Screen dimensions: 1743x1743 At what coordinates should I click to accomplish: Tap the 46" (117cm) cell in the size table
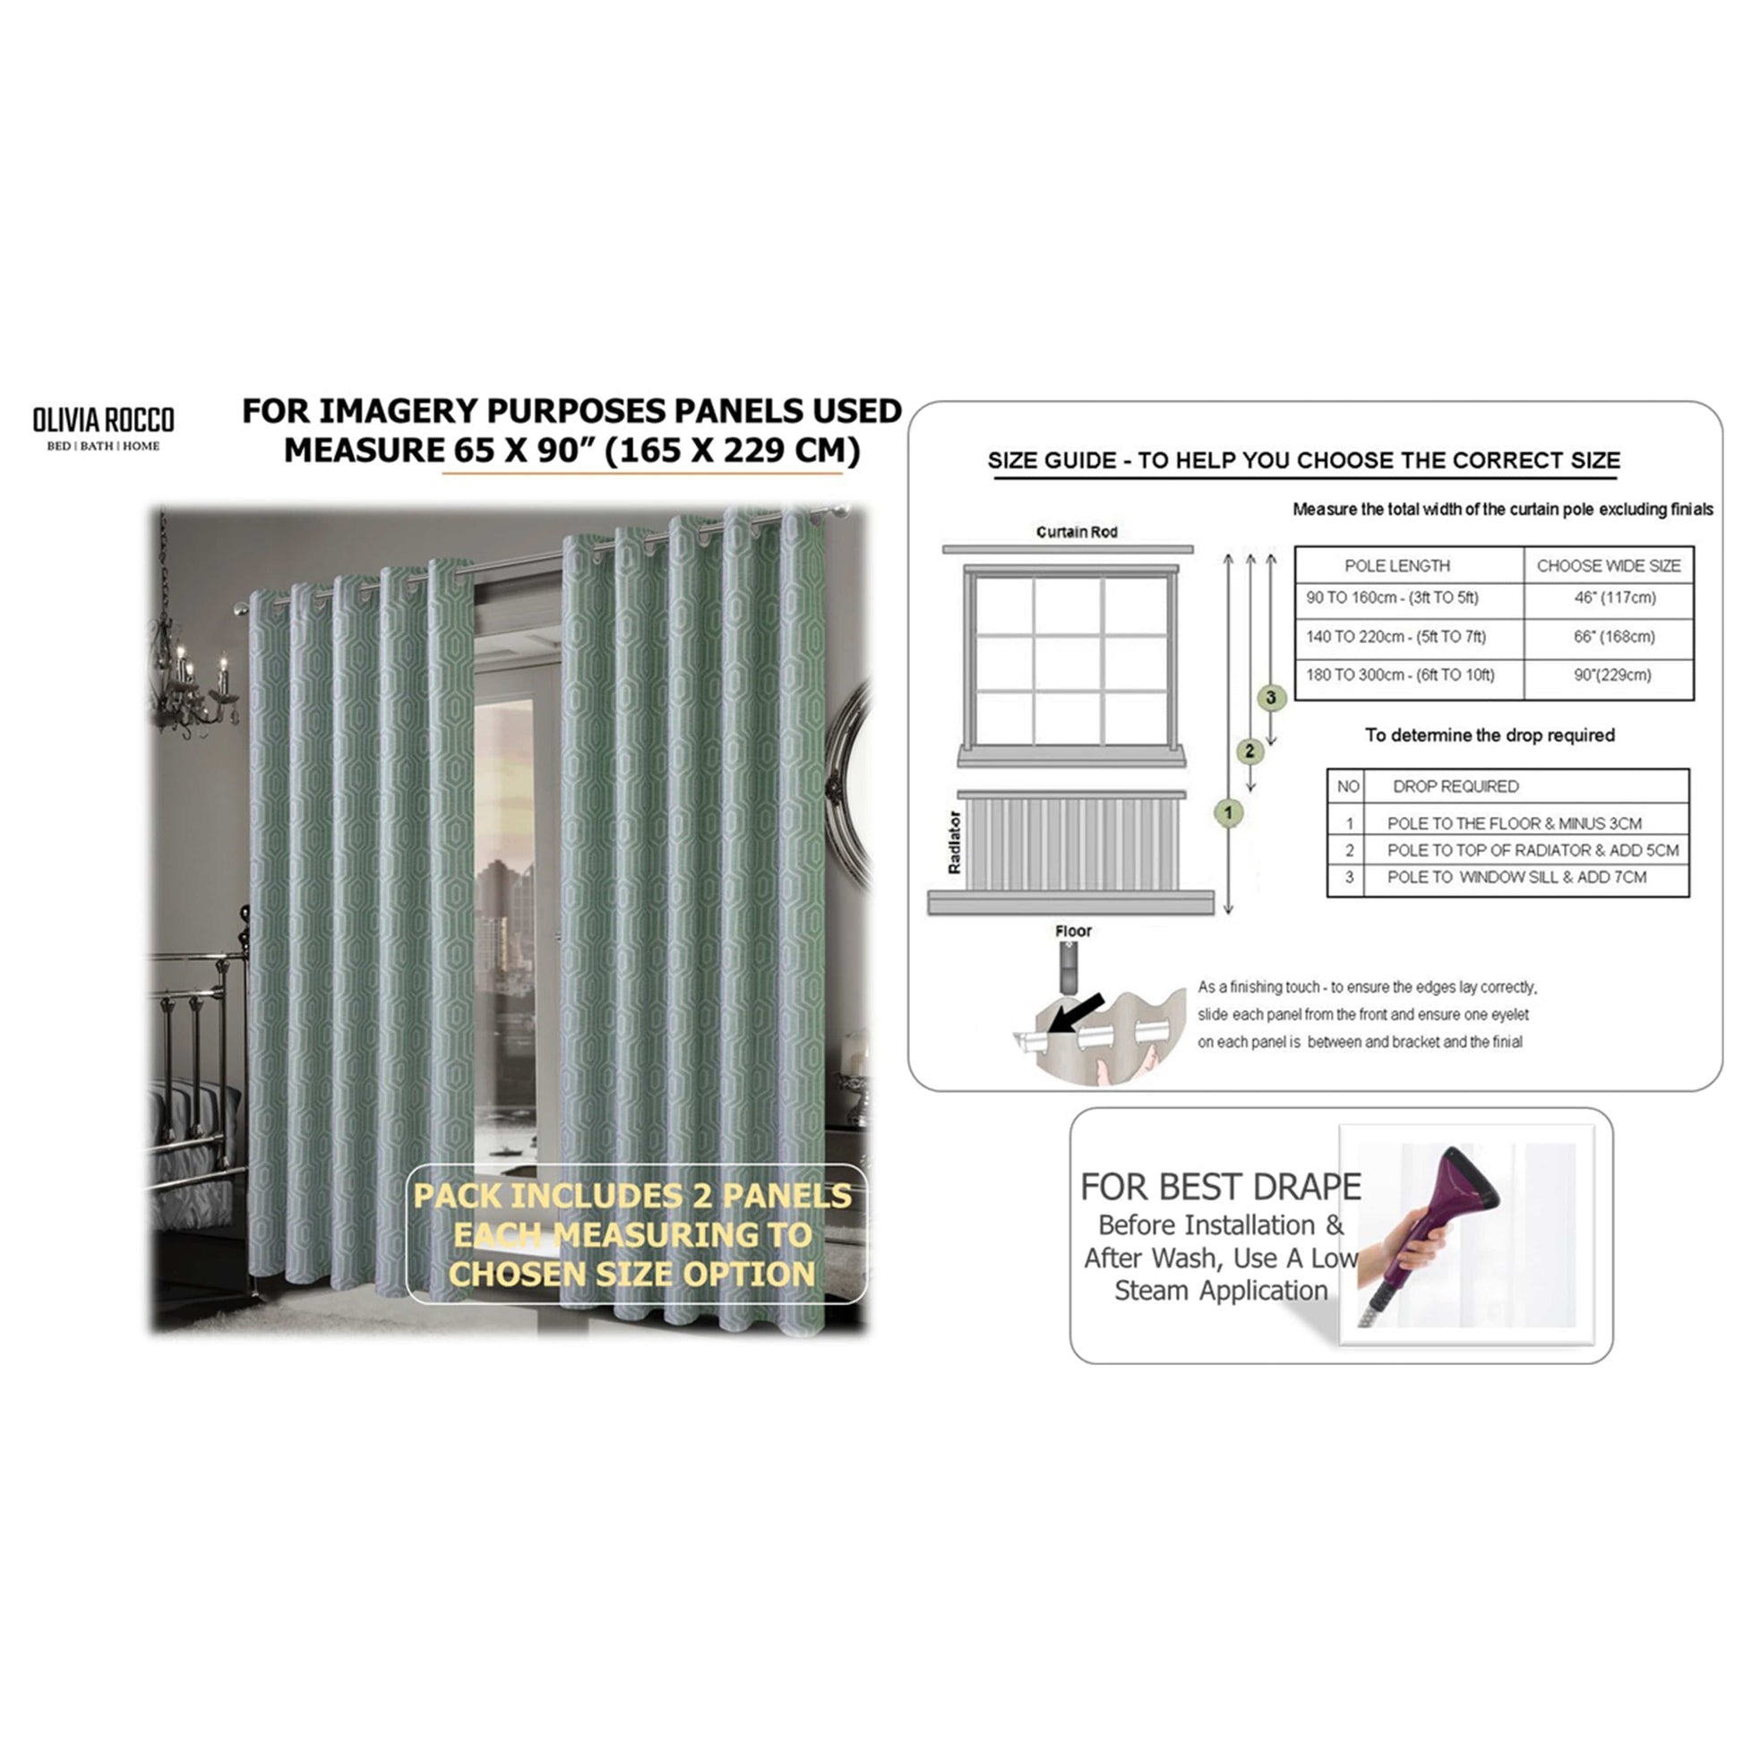coord(1615,597)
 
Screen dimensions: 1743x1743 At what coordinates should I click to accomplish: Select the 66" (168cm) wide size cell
coord(1614,636)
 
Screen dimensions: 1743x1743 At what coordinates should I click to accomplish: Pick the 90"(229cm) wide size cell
coord(1612,674)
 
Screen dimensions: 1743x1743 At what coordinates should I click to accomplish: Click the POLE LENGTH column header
coord(1396,566)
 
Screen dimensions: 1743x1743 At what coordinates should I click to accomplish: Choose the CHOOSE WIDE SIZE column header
coord(1609,566)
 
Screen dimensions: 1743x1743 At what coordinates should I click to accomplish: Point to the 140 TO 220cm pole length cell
coord(1395,636)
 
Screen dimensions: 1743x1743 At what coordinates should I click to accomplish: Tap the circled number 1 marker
coord(1228,813)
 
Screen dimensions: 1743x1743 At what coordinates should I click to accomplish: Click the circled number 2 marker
coord(1249,751)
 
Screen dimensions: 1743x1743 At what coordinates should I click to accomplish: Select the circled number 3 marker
coord(1271,698)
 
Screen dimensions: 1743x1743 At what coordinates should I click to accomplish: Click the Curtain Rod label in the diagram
coord(1077,532)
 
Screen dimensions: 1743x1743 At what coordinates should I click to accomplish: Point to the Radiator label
coord(955,843)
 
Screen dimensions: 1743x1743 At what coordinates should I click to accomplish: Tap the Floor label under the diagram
coord(1073,931)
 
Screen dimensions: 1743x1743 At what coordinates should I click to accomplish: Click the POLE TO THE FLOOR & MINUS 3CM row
coord(1514,823)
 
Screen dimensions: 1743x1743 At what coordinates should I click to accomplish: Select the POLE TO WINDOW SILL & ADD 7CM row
coord(1516,877)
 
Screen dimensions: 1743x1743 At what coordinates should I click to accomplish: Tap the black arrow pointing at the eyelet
coord(1078,1012)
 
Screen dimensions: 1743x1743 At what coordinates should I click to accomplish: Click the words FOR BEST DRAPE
coord(1221,1188)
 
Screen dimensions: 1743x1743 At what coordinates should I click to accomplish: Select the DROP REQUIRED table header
coord(1455,786)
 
